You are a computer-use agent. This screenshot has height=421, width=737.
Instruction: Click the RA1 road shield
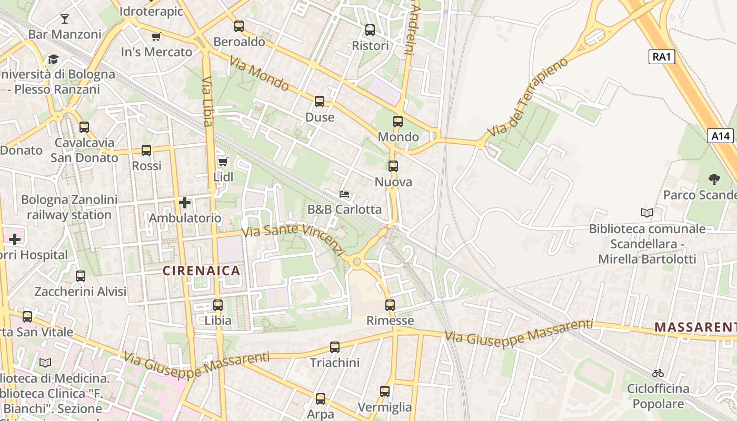pos(661,57)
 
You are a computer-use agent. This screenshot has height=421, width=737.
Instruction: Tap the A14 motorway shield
pos(720,136)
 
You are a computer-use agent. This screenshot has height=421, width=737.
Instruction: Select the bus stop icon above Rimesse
pos(390,305)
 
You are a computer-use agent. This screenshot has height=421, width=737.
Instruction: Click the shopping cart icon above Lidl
pos(223,162)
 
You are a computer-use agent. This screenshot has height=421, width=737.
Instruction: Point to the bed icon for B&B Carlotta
pos(344,194)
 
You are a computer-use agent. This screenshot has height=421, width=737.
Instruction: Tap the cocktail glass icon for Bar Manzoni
pos(64,19)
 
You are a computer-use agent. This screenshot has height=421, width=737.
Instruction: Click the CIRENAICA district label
pos(201,271)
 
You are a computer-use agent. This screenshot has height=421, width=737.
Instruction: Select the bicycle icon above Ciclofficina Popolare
pos(658,373)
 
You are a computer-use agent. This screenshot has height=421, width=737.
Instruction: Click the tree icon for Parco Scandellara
pos(714,179)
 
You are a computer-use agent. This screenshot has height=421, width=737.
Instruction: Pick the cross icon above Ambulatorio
pos(185,203)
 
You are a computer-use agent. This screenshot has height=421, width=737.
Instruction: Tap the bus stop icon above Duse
pos(320,102)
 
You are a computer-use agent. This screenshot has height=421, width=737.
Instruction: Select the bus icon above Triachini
pos(335,347)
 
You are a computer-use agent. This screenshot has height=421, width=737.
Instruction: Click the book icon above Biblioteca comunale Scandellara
pos(647,213)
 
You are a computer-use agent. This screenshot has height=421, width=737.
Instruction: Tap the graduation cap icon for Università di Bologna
pos(53,59)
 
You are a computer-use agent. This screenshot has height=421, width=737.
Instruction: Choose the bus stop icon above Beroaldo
pos(239,26)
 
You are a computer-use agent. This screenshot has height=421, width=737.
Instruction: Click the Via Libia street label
pos(207,102)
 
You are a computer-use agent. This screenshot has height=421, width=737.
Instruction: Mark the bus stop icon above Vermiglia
pos(385,392)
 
